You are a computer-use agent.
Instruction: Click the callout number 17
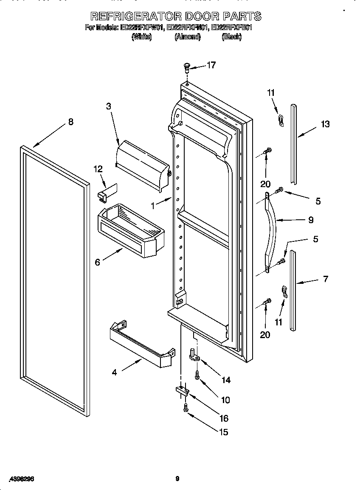[x=211, y=65]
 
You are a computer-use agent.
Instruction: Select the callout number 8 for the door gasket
[x=70, y=122]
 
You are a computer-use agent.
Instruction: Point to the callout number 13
[x=325, y=124]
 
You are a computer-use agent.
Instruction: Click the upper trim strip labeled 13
[x=293, y=142]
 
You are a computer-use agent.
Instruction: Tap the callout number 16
[x=223, y=418]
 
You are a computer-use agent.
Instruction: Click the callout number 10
[x=225, y=400]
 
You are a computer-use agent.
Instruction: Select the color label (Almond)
[x=187, y=37]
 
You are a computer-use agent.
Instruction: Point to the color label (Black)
[x=231, y=37]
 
